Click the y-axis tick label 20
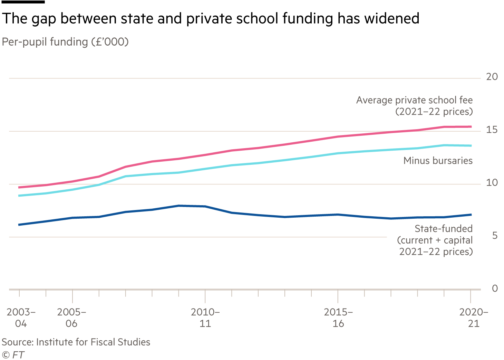pos(492,77)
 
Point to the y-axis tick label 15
pos(492,130)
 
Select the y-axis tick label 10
pos(492,183)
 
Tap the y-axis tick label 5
pos(494,236)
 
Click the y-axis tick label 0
pos(494,288)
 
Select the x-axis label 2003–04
pos(21,318)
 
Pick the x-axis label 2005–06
pos(71,318)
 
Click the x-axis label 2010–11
pos(205,318)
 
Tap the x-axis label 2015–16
pos(338,318)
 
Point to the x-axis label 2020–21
pos(473,318)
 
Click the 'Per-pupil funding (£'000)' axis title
pos(65,42)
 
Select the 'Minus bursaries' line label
pos(438,161)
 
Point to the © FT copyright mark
pos(13,355)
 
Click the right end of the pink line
pos(471,127)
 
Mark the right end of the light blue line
pos(471,145)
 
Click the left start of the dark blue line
pos(19,225)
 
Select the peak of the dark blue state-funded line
pos(179,206)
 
